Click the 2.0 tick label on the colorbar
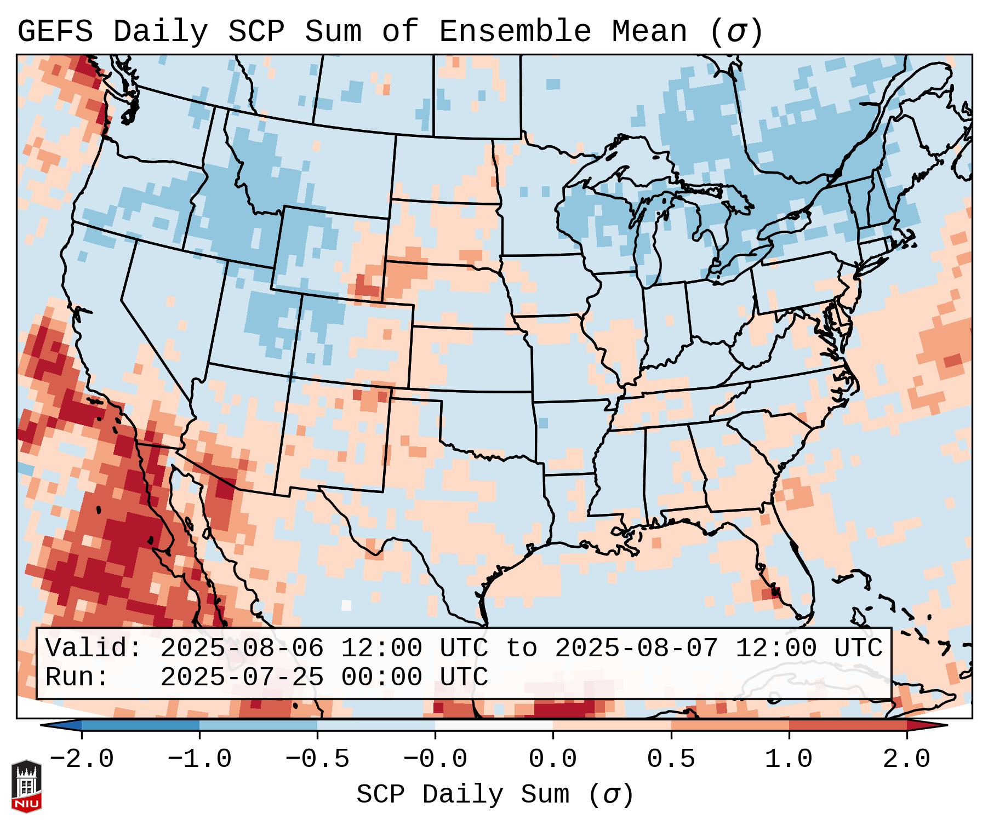pos(906,759)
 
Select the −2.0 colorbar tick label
pos(82,759)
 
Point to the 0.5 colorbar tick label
pos(671,759)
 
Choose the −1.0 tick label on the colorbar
pos(199,759)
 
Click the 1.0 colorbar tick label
pos(789,759)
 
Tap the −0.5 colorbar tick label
pos(317,759)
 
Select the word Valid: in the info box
pos(94,648)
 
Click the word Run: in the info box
pos(77,677)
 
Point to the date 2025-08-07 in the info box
pos(636,648)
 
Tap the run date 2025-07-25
pos(242,677)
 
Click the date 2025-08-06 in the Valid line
pos(242,648)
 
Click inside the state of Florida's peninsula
pos(795,570)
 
